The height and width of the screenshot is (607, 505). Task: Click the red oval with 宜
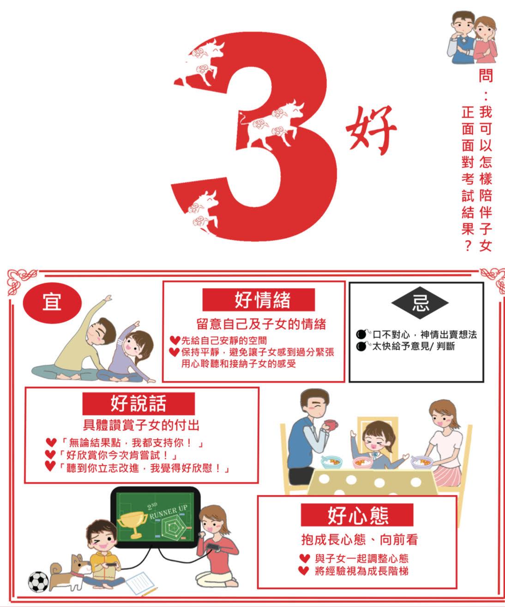[x=52, y=302]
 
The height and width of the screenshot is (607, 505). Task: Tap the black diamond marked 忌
[x=420, y=303]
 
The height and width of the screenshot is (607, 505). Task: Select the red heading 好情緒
[x=259, y=300]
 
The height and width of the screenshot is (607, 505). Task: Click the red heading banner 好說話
[x=138, y=403]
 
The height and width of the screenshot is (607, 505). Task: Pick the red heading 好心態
[x=357, y=515]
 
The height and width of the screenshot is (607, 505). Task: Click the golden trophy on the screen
[x=132, y=524]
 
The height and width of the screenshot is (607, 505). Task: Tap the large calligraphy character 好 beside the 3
[x=371, y=131]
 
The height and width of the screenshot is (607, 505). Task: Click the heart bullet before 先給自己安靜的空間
[x=175, y=340]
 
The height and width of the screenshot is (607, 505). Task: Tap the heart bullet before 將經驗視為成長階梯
[x=304, y=571]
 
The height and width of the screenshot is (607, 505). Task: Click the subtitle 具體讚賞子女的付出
[x=141, y=425]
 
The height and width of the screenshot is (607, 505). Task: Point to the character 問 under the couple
[x=486, y=76]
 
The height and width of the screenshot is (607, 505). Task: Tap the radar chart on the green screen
[x=172, y=527]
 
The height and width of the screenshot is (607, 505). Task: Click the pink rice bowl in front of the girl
[x=362, y=462]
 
